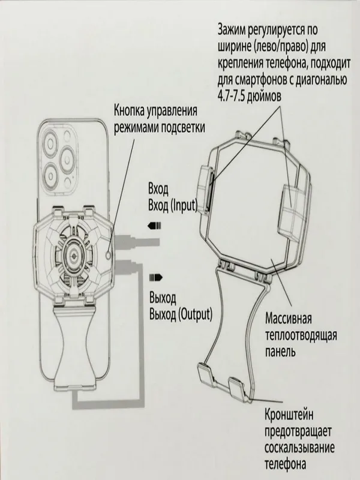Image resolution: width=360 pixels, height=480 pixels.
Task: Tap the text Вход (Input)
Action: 173,205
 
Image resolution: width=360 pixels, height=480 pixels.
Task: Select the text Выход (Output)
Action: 181,314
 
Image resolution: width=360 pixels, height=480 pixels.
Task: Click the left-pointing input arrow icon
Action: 155,227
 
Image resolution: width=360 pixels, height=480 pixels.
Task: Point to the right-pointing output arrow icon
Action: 156,278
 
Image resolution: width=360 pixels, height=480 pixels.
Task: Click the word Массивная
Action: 288,319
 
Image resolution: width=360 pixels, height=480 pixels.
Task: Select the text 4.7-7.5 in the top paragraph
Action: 231,97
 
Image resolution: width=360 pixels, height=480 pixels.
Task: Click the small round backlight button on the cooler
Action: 108,254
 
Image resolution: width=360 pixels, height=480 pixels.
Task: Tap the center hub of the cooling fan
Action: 73,254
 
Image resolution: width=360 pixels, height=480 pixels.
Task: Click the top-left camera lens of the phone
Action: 50,142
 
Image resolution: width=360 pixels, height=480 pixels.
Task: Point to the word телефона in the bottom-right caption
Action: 286,464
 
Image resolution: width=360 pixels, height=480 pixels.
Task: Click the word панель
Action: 280,352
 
